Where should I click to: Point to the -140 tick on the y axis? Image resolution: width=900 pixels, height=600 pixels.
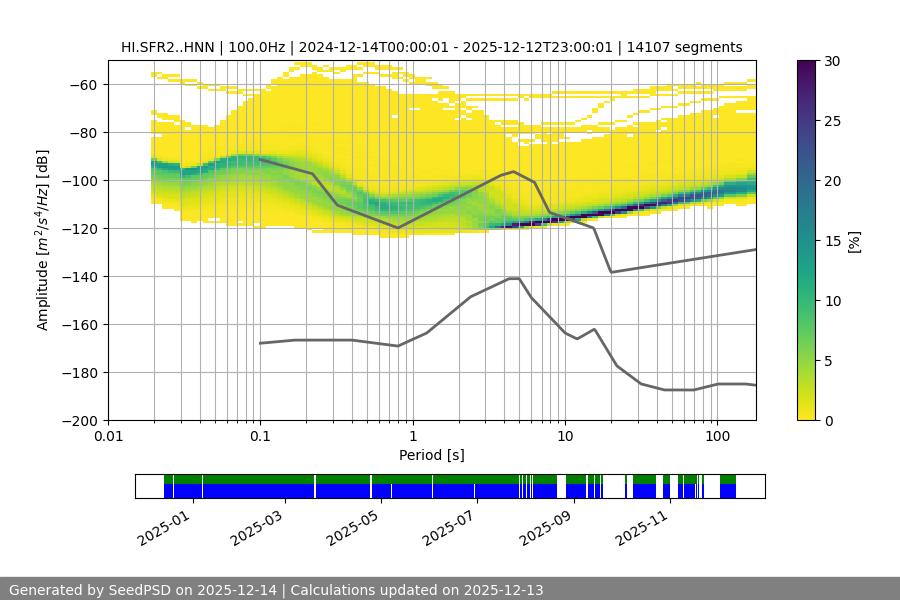[x=80, y=277]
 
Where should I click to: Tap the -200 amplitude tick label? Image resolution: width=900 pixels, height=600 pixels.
[x=80, y=421]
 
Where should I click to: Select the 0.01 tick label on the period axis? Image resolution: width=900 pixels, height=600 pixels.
[x=108, y=437]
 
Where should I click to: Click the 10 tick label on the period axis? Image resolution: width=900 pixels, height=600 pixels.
[x=565, y=437]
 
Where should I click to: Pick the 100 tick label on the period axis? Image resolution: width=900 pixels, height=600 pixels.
[x=717, y=437]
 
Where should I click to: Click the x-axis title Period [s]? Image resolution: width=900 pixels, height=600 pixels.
[x=432, y=455]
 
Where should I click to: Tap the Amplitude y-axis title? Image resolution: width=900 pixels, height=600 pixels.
[x=42, y=240]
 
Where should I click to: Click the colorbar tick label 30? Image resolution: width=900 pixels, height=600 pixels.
[x=832, y=61]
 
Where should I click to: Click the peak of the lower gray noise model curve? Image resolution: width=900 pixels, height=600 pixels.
[x=514, y=278]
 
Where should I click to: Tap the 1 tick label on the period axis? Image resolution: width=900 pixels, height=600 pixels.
[x=413, y=437]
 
